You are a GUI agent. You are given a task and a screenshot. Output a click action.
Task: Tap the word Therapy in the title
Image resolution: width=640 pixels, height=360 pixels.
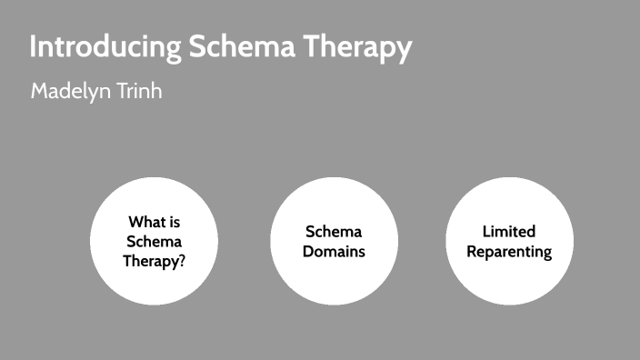(x=358, y=48)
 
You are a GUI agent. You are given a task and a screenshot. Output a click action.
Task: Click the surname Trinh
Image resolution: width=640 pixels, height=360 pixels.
(x=139, y=92)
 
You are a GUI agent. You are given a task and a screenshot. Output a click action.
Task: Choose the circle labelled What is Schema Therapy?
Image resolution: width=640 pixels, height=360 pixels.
(x=154, y=241)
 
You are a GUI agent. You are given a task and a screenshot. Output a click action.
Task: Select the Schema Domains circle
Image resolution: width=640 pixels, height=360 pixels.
(x=334, y=241)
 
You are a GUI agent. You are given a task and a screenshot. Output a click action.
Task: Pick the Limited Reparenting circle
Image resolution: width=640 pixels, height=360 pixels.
(x=509, y=241)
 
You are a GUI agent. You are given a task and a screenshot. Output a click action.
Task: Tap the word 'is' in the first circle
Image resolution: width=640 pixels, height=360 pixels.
(x=175, y=222)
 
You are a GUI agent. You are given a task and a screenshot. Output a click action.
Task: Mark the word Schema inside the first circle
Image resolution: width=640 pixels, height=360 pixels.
(x=154, y=242)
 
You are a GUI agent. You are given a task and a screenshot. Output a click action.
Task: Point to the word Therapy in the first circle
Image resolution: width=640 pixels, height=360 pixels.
(x=151, y=261)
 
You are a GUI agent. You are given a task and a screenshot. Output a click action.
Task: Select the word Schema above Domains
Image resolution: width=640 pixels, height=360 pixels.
(x=334, y=232)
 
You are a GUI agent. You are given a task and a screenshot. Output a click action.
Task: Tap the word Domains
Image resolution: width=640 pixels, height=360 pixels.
(x=334, y=251)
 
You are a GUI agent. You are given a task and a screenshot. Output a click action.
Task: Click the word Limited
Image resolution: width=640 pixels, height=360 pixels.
(x=509, y=232)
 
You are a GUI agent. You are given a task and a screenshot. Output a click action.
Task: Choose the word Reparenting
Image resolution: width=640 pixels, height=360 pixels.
(x=509, y=251)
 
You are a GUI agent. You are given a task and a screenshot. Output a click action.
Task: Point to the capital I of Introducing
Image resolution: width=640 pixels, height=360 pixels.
(x=34, y=48)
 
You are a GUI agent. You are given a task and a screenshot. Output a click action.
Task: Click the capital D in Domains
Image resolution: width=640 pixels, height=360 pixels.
(x=307, y=251)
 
